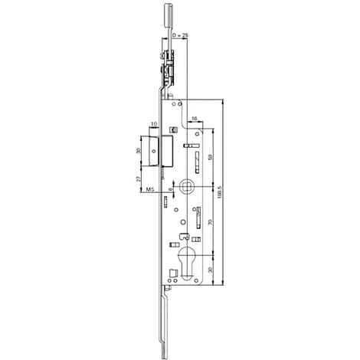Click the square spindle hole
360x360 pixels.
point(188,186)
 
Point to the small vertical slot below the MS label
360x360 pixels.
point(165,203)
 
